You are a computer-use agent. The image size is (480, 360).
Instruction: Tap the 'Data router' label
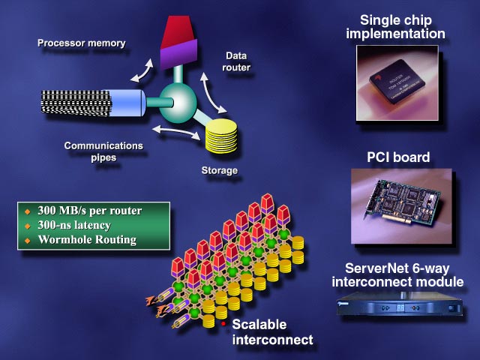(238, 61)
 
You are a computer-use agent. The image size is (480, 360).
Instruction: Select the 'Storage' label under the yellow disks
(219, 171)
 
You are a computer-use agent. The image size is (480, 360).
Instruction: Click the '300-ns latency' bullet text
(73, 225)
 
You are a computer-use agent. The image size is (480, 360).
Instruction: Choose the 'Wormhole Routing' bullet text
(85, 240)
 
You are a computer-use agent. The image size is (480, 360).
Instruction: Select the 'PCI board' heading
(397, 157)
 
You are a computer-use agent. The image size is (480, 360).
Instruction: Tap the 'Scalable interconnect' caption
(271, 332)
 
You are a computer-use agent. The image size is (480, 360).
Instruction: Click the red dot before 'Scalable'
(223, 323)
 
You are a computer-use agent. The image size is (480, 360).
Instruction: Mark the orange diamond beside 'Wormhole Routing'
(28, 241)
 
